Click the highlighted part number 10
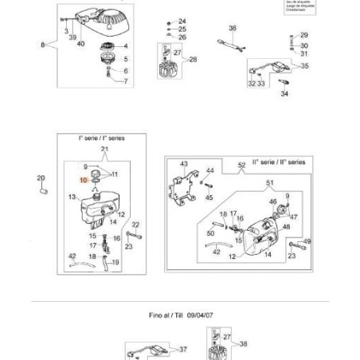(84, 182)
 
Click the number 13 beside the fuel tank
(72, 197)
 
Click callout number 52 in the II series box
(241, 163)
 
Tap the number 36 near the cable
(233, 29)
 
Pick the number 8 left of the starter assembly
(42, 45)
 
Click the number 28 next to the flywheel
(193, 59)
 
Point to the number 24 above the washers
(182, 21)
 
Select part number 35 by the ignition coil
(304, 67)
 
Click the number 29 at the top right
(303, 35)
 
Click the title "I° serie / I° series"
(102, 138)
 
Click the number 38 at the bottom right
(244, 344)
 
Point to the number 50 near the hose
(211, 233)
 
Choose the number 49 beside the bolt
(307, 241)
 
